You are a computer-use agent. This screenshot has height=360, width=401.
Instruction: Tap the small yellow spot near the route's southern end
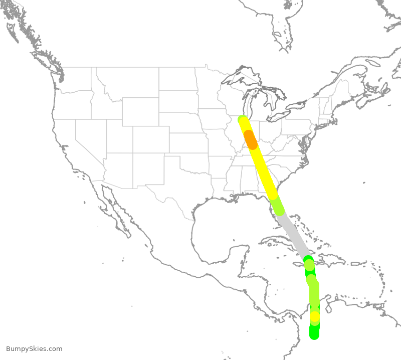coord(314,317)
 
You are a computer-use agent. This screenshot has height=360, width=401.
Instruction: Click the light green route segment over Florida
coord(277,206)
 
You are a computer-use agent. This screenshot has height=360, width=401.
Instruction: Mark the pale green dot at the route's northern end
coord(242,119)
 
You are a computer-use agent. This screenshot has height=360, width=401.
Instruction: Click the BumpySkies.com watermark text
coord(34,349)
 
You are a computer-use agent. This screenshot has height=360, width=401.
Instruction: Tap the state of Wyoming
coord(141,112)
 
